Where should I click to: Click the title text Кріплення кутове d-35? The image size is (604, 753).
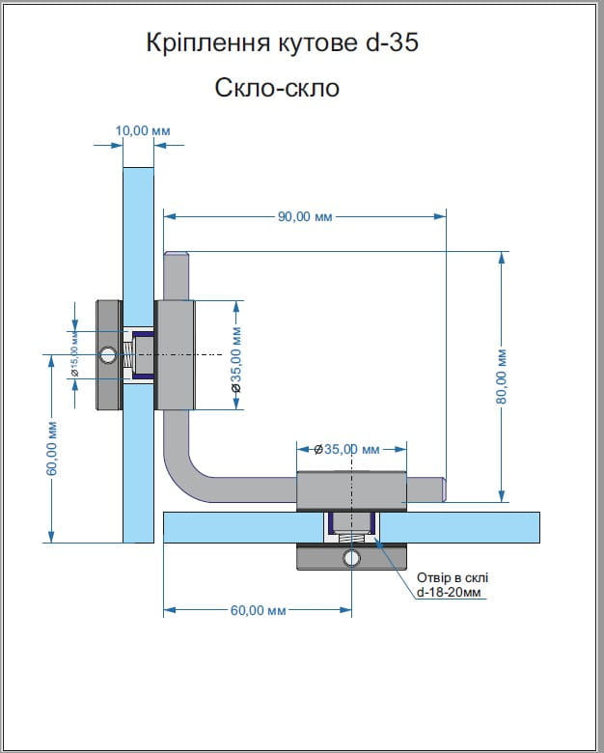283,43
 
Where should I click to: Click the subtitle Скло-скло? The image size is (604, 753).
278,89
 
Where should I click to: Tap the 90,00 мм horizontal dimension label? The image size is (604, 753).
305,217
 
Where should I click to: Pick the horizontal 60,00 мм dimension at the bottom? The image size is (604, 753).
259,610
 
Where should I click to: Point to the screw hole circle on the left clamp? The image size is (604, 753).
107,355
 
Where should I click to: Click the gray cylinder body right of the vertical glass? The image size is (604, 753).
175,354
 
